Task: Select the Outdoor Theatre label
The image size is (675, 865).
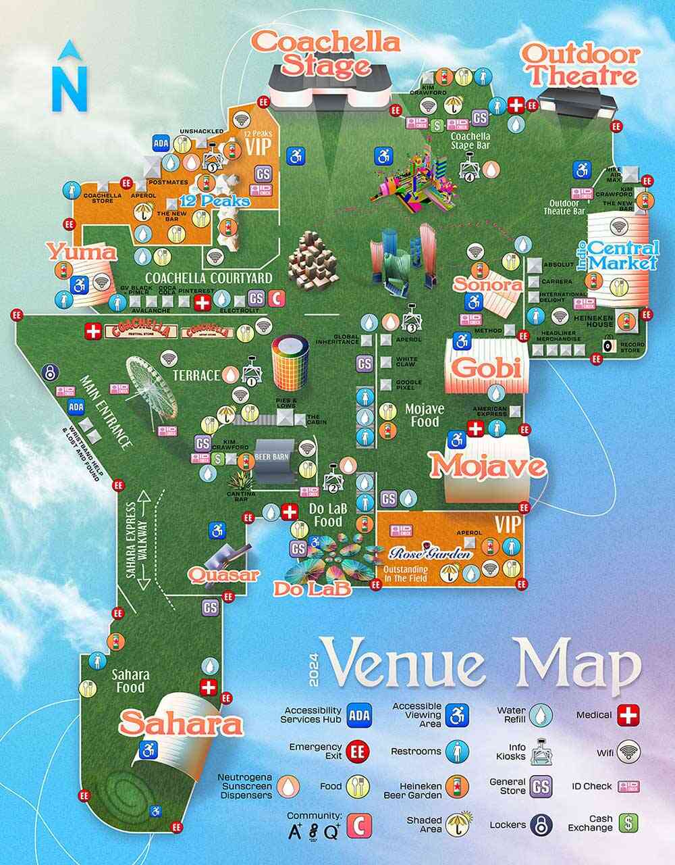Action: tap(580, 64)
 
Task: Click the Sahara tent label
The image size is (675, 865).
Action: tap(181, 724)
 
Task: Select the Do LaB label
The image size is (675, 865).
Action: tap(313, 589)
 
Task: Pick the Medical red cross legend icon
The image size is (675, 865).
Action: tap(628, 714)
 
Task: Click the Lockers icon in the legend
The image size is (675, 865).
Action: tap(541, 823)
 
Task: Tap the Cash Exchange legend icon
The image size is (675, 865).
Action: tap(629, 822)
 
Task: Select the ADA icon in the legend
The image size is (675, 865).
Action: tap(359, 714)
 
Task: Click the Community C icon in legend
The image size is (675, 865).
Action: tap(360, 824)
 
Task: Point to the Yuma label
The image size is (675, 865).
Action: tap(82, 253)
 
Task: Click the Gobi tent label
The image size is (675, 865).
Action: tap(486, 368)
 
